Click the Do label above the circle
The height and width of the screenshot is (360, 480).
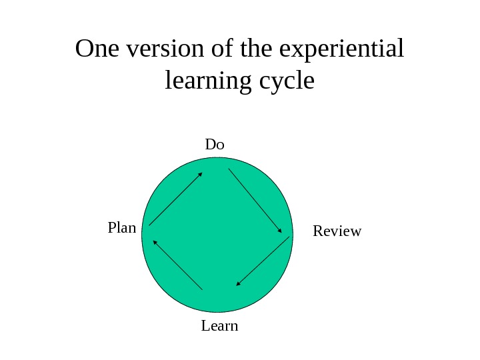pyautogui.click(x=215, y=145)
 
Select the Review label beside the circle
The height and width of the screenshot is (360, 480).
pyautogui.click(x=337, y=231)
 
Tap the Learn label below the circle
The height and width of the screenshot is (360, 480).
pyautogui.click(x=219, y=327)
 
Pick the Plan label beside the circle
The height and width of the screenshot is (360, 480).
pyautogui.click(x=121, y=228)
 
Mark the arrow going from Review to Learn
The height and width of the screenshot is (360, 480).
pyautogui.click(x=263, y=261)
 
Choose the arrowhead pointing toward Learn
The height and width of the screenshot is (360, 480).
pyautogui.click(x=239, y=283)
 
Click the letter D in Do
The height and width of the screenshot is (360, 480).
pyautogui.click(x=210, y=145)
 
